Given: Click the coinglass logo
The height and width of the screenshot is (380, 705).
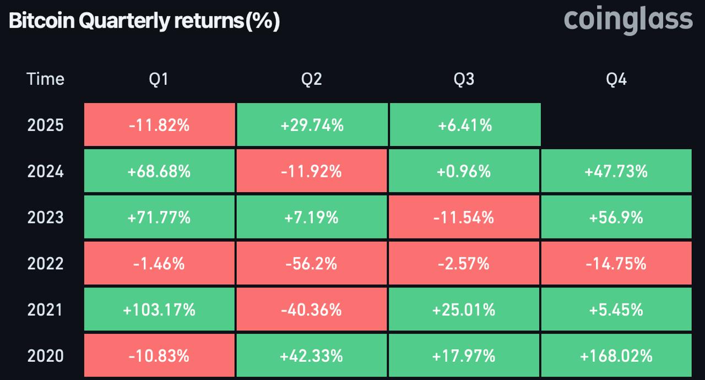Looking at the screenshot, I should pyautogui.click(x=628, y=20).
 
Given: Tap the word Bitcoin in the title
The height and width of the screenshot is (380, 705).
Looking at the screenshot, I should pyautogui.click(x=41, y=21).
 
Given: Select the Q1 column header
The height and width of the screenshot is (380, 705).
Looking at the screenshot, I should pyautogui.click(x=159, y=79).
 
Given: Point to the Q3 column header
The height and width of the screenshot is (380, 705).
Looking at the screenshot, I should pyautogui.click(x=464, y=79).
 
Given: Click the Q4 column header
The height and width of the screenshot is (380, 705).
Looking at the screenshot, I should pyautogui.click(x=616, y=79).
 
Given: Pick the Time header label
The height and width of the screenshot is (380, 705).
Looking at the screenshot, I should pyautogui.click(x=45, y=79).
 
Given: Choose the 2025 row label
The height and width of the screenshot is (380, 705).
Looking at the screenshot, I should pyautogui.click(x=45, y=126).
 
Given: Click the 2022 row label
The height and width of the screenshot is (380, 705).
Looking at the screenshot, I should pyautogui.click(x=45, y=264).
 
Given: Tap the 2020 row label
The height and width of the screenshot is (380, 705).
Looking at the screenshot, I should pyautogui.click(x=45, y=356).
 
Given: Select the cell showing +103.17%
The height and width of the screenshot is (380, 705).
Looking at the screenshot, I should pyautogui.click(x=159, y=310).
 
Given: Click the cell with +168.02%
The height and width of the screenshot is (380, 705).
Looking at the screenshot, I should pyautogui.click(x=616, y=356).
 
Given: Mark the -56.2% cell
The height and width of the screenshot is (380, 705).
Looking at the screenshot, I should pyautogui.click(x=311, y=264).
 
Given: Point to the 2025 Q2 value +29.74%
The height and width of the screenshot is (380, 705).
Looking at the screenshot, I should pyautogui.click(x=312, y=126).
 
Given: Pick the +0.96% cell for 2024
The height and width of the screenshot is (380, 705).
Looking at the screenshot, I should pyautogui.click(x=464, y=172).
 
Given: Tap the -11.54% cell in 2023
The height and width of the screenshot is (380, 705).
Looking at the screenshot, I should pyautogui.click(x=464, y=218).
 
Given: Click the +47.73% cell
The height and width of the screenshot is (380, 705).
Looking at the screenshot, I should pyautogui.click(x=616, y=172).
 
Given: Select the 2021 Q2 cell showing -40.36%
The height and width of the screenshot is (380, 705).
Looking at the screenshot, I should pyautogui.click(x=311, y=310).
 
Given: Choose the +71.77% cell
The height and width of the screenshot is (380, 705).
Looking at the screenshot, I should pyautogui.click(x=159, y=218).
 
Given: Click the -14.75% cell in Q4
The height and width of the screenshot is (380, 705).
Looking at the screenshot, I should pyautogui.click(x=616, y=264).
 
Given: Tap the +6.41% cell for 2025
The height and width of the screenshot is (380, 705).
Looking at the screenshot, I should pyautogui.click(x=464, y=126).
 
